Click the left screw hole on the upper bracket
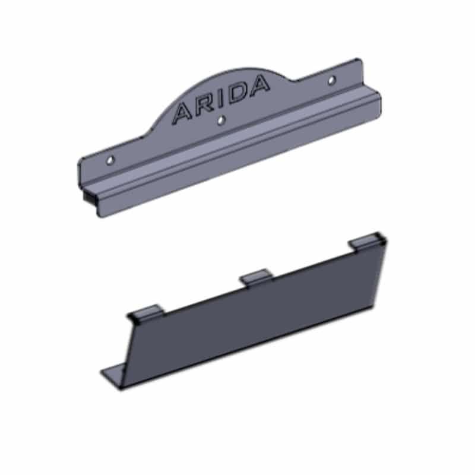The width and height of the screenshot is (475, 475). click(110, 160)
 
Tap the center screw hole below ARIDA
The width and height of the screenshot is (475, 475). click(221, 120)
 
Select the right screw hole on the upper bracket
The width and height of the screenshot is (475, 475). click(332, 80)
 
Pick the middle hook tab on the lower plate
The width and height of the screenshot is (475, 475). click(256, 277)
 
